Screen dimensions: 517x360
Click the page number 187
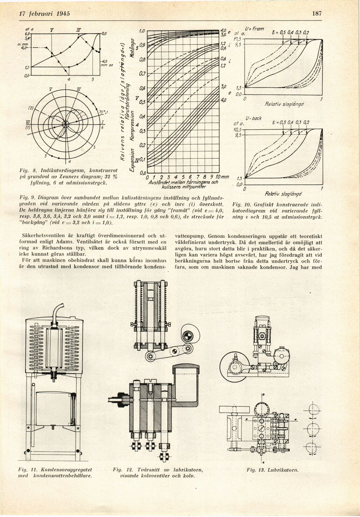[317, 14]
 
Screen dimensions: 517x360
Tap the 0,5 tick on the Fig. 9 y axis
[142, 102]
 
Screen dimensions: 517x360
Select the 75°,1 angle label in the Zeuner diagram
[104, 112]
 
